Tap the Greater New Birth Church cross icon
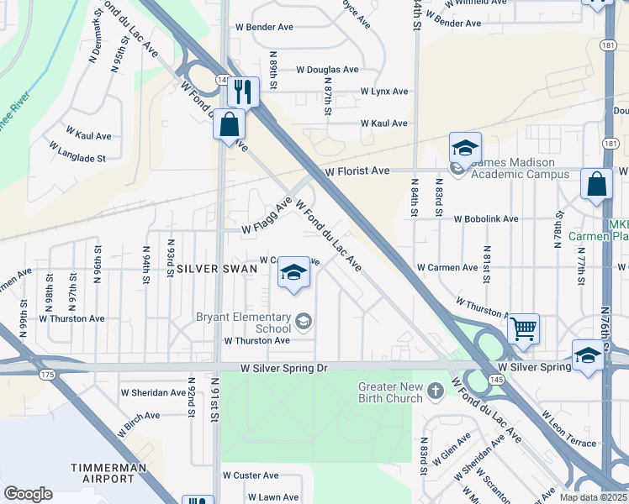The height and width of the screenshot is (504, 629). (x=436, y=391)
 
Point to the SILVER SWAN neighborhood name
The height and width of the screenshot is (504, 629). (x=210, y=268)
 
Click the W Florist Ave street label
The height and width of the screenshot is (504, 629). (x=357, y=171)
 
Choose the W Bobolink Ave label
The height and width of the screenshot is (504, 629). (x=485, y=218)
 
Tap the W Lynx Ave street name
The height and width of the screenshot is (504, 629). (x=383, y=91)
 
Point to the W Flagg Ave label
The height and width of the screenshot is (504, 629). (x=267, y=216)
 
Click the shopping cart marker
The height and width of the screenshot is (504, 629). (x=523, y=327)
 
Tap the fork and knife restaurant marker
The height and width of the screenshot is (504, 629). (x=243, y=91)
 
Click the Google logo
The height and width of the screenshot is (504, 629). (x=28, y=494)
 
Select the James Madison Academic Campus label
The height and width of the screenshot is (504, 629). (x=519, y=168)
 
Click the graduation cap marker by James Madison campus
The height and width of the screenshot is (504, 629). (x=465, y=148)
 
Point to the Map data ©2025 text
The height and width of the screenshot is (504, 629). (x=593, y=497)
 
